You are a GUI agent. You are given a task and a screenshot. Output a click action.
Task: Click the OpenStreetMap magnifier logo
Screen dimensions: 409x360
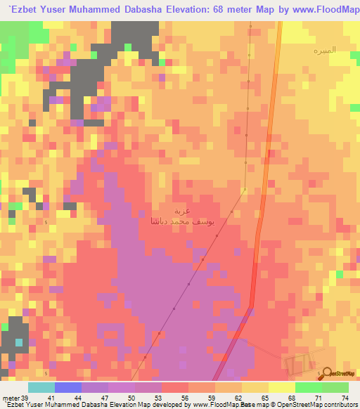tap(325, 373)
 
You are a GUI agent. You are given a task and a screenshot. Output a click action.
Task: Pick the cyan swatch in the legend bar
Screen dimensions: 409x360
tap(41, 387)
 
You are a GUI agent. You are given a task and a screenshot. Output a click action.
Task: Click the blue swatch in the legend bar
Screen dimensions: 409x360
tap(67, 387)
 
